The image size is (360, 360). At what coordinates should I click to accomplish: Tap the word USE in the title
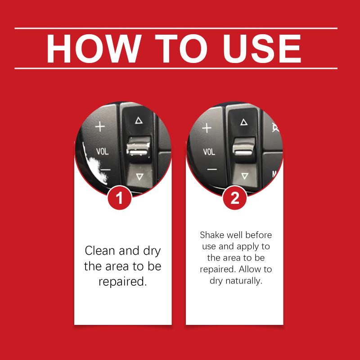(262, 49)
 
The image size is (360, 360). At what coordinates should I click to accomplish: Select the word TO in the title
(181, 49)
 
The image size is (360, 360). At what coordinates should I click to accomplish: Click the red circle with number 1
(119, 198)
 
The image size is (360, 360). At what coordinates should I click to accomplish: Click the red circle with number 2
(234, 198)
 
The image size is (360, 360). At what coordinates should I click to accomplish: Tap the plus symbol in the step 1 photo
(100, 126)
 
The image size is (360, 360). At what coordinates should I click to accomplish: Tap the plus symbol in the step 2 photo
(207, 128)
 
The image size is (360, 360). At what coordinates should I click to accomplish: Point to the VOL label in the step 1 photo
(102, 151)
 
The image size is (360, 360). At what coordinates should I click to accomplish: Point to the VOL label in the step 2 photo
(209, 152)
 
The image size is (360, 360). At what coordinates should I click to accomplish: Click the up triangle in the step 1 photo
(139, 121)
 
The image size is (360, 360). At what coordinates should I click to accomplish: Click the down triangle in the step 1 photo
(139, 176)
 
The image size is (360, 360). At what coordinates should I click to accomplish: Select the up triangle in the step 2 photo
(244, 122)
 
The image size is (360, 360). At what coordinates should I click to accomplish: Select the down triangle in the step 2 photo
(245, 176)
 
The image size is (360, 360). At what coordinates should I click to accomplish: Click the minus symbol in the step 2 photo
(212, 170)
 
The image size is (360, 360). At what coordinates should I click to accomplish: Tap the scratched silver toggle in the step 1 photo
(139, 147)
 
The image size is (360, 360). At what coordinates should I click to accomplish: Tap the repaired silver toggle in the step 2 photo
(244, 148)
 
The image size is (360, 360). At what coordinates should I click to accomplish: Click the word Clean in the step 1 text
(100, 251)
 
